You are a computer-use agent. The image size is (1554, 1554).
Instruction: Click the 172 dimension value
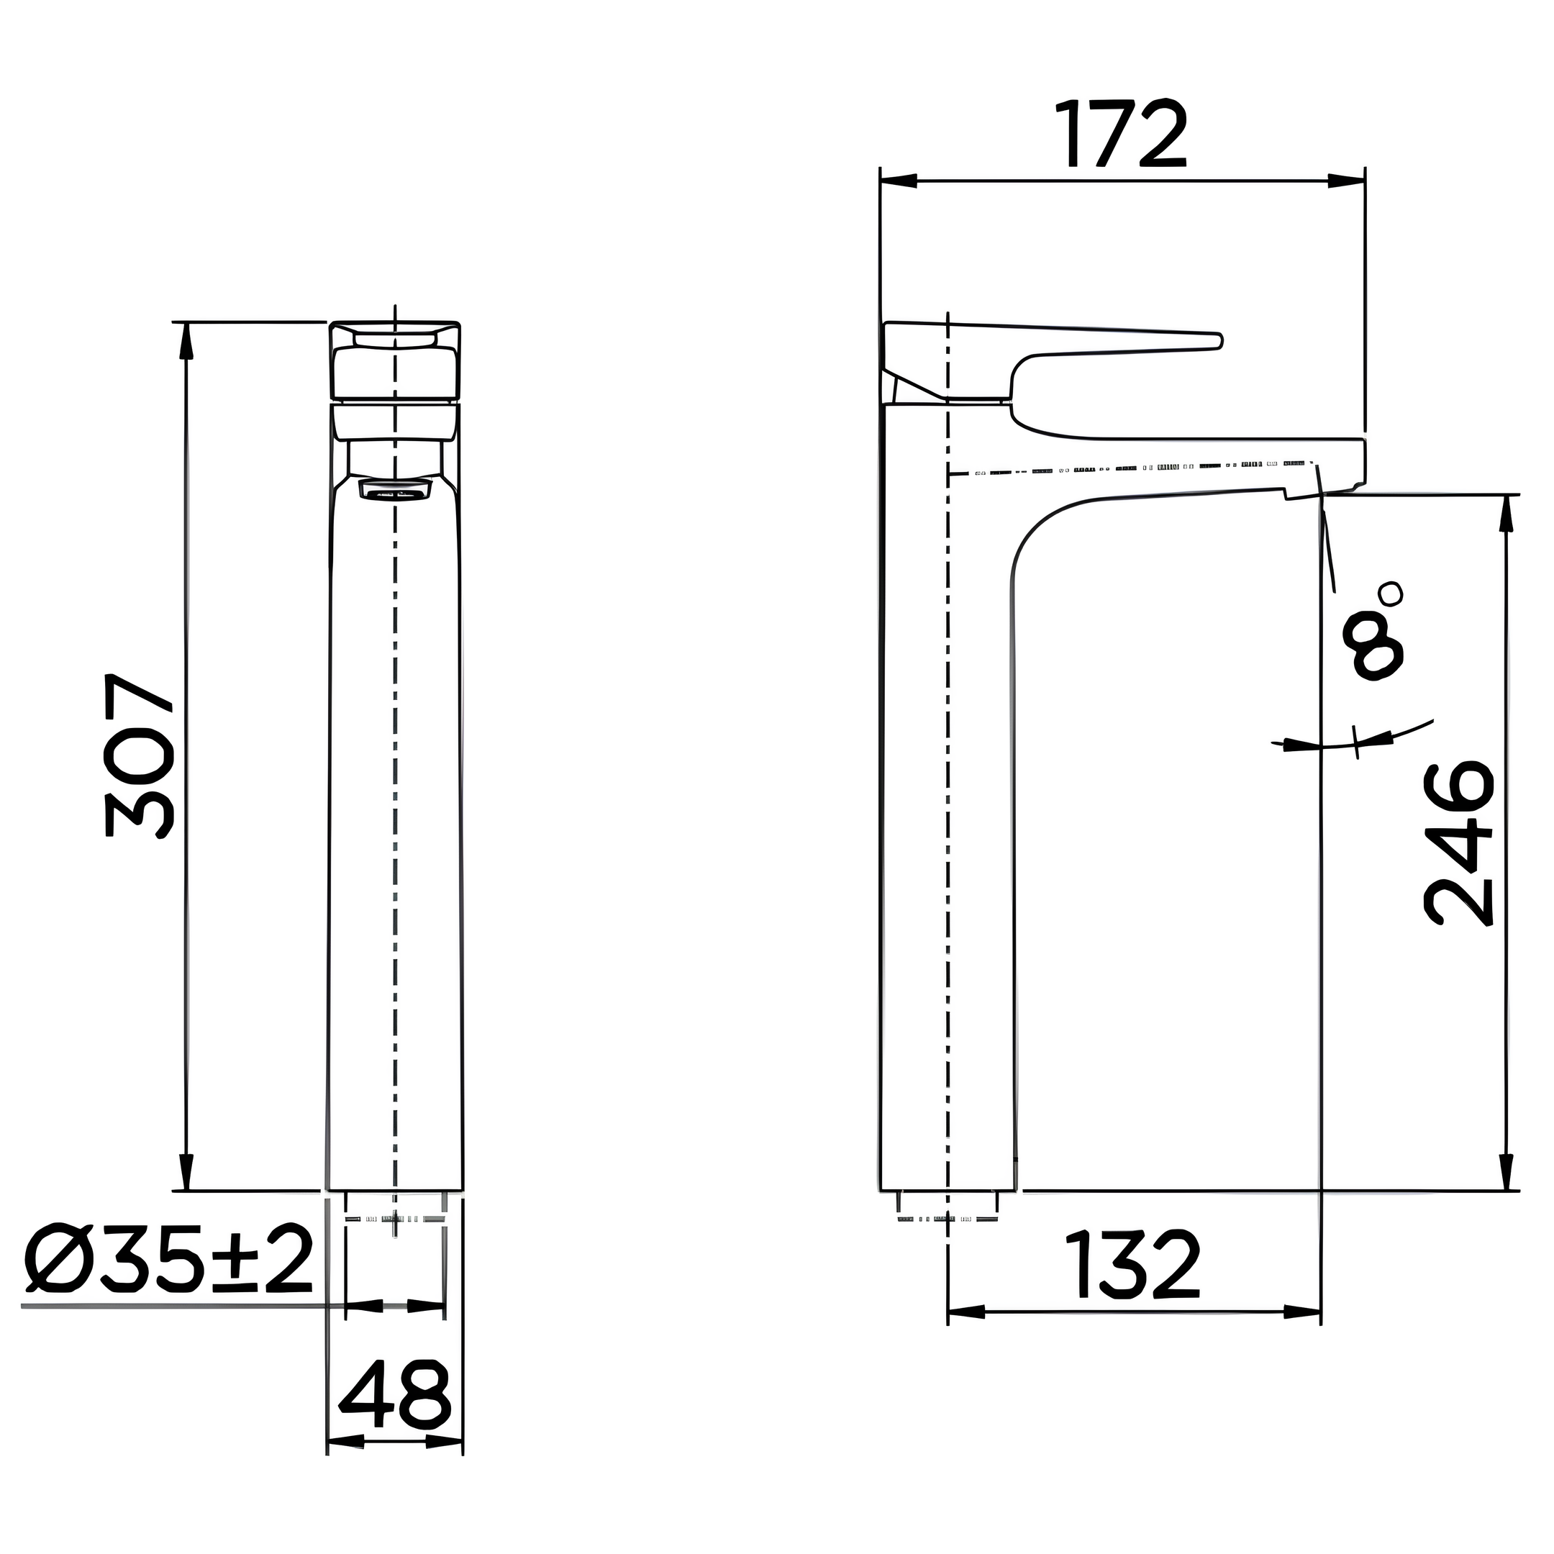point(1123,134)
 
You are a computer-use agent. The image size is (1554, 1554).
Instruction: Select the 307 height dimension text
point(138,755)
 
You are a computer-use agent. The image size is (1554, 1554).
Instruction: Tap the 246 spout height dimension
point(1458,845)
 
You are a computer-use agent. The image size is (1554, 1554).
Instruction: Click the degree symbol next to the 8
point(1390,594)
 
